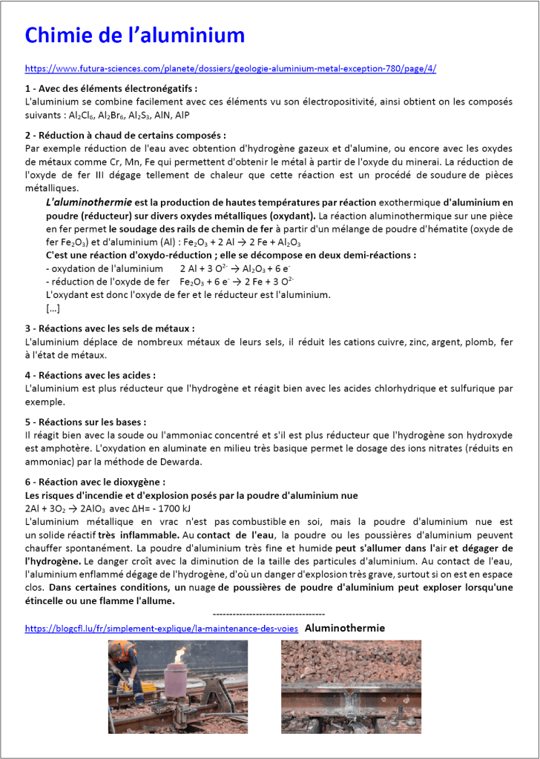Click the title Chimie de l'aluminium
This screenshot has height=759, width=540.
pyautogui.click(x=135, y=35)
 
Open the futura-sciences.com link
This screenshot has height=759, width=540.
pyautogui.click(x=230, y=68)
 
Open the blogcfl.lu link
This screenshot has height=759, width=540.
pyautogui.click(x=162, y=628)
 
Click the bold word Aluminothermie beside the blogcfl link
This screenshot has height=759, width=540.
pyautogui.click(x=345, y=628)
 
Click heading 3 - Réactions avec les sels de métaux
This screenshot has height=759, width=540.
pyautogui.click(x=110, y=328)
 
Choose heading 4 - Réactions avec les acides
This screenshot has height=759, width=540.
pyautogui.click(x=90, y=376)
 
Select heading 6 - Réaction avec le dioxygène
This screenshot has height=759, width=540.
pyautogui.click(x=104, y=482)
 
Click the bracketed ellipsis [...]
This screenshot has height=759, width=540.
pyautogui.click(x=53, y=308)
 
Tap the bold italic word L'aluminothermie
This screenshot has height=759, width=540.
pyautogui.click(x=89, y=202)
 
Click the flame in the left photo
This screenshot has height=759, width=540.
pyautogui.click(x=180, y=655)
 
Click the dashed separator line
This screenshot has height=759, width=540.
pyautogui.click(x=269, y=614)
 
